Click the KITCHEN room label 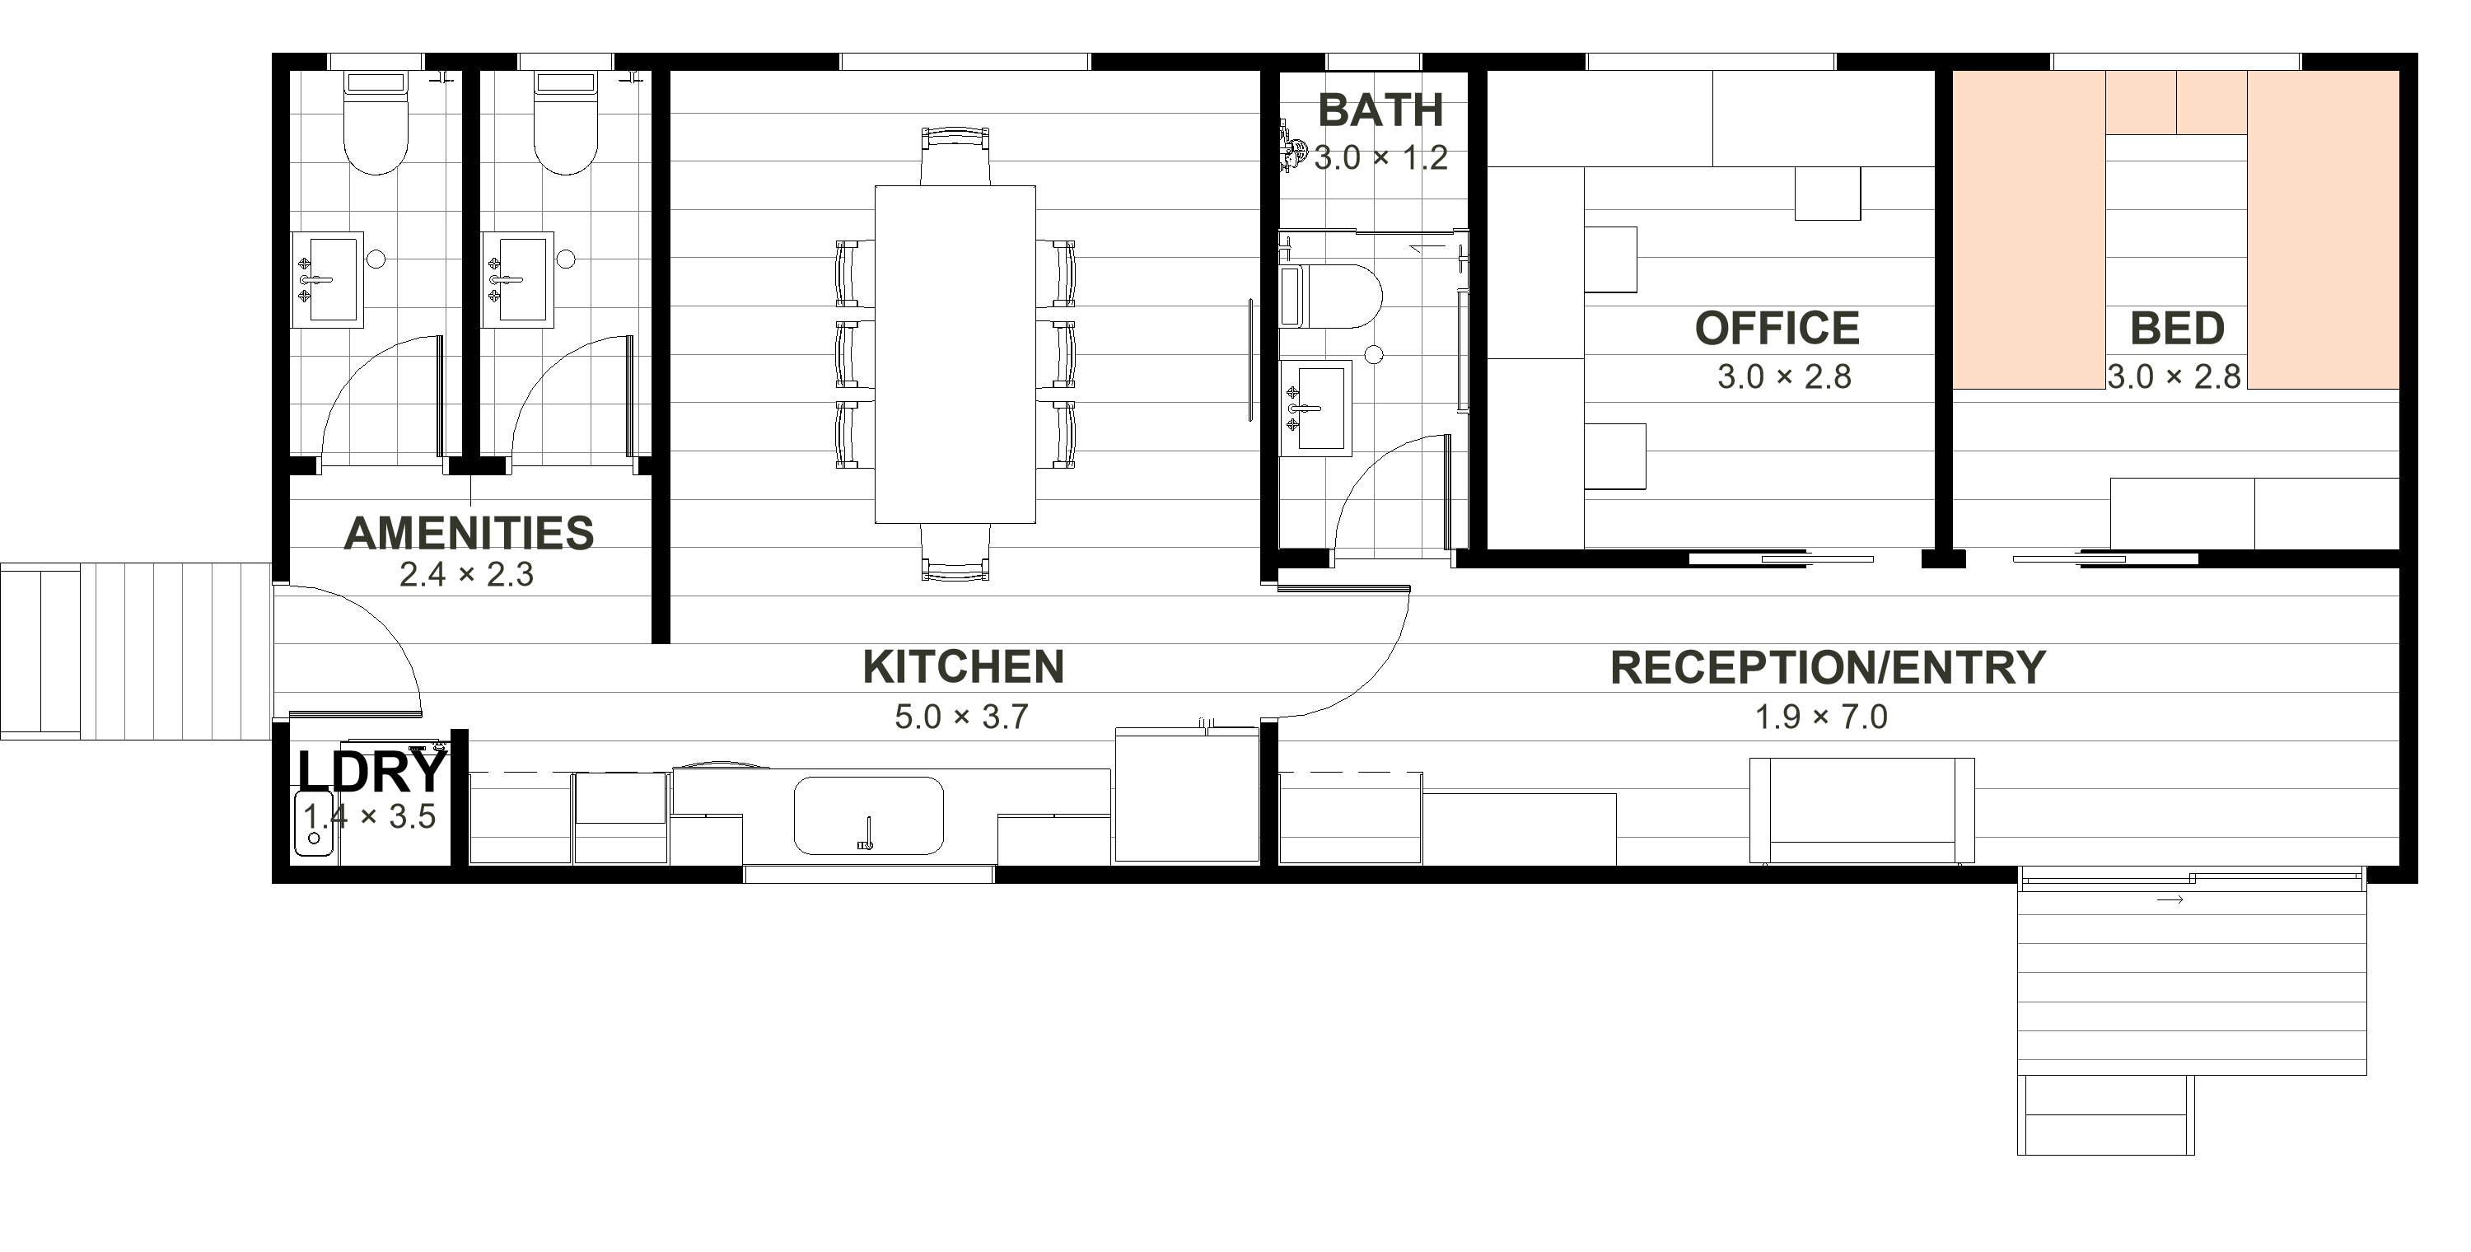pos(963,667)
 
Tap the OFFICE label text pos(1777,328)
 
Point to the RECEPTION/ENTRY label pos(1829,668)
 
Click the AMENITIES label pos(469,534)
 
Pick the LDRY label pos(372,771)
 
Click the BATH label pos(1380,110)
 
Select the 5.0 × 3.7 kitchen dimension pos(962,717)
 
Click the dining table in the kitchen pos(955,354)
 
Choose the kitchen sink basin pos(869,815)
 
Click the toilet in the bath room pos(1330,297)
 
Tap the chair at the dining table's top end pos(955,156)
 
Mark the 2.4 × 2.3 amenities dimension pos(466,575)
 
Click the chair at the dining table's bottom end pos(955,553)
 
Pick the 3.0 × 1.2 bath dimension pos(1381,158)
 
